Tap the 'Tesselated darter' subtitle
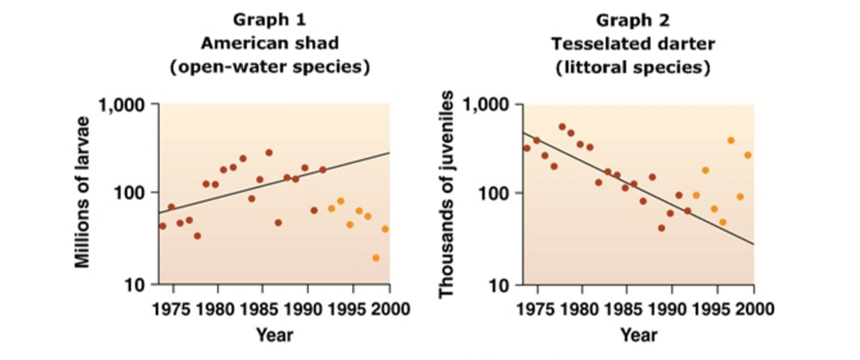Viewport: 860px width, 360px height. [632, 42]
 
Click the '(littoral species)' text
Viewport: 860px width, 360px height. [632, 66]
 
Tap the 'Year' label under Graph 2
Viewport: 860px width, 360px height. [633, 334]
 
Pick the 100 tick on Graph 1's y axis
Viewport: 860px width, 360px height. [133, 192]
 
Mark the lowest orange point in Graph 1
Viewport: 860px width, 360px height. [376, 258]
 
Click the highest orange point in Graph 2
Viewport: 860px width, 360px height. [730, 140]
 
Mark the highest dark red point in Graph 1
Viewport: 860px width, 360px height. [269, 153]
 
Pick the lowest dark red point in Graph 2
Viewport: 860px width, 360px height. [661, 228]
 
